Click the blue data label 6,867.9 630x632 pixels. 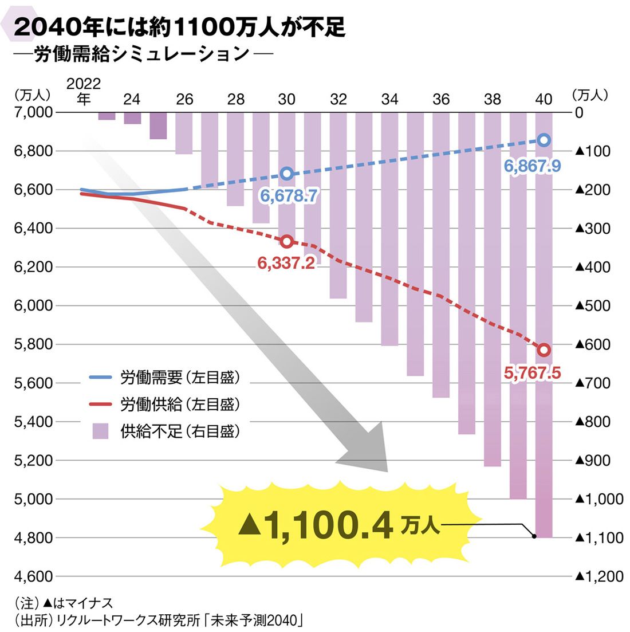pyautogui.click(x=532, y=167)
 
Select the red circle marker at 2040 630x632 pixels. pyautogui.click(x=544, y=350)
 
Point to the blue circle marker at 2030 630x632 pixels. pyautogui.click(x=287, y=174)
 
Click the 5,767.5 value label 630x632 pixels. pyautogui.click(x=532, y=374)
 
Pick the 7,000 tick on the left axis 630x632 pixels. pyautogui.click(x=33, y=112)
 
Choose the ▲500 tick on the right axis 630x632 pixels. pyautogui.click(x=592, y=305)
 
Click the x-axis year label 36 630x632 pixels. pyautogui.click(x=441, y=100)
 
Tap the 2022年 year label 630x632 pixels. pyautogui.click(x=84, y=92)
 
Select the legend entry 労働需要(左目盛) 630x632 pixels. pyautogui.click(x=180, y=378)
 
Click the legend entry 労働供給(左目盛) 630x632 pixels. pyautogui.click(x=180, y=405)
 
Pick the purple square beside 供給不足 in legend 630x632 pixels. pyautogui.click(x=100, y=431)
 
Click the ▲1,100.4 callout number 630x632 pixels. pyautogui.click(x=315, y=526)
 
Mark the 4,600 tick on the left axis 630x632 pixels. pyautogui.click(x=33, y=576)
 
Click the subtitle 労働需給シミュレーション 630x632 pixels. pyautogui.click(x=142, y=54)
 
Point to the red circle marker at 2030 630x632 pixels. pyautogui.click(x=287, y=241)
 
